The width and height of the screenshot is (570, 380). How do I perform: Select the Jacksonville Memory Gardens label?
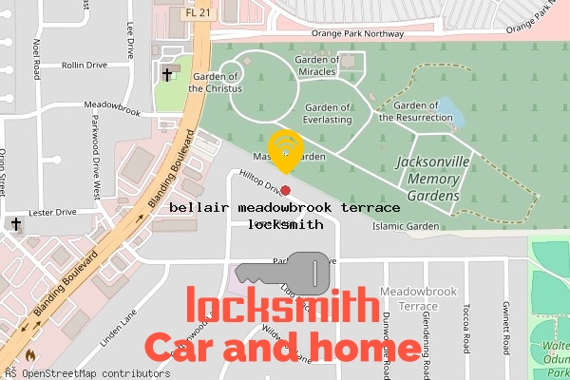[x=432, y=179]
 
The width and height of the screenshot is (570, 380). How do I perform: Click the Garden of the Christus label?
[x=217, y=82]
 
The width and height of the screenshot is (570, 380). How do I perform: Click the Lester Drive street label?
[x=51, y=213]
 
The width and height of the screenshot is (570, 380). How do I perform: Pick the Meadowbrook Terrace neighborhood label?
[x=407, y=299]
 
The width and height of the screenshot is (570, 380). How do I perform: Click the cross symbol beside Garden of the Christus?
[x=167, y=74]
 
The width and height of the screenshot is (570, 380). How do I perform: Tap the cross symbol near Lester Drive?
[x=15, y=225]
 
